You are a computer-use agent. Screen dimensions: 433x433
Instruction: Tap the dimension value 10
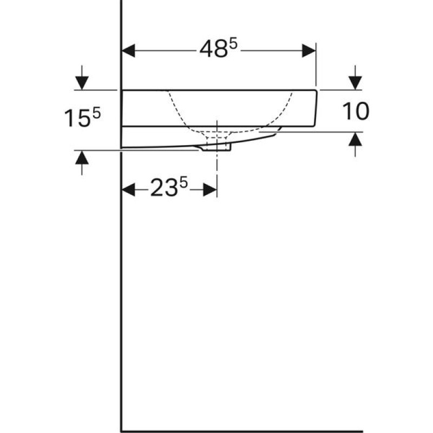tap(356, 111)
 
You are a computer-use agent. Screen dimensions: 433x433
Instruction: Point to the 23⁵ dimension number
tap(168, 189)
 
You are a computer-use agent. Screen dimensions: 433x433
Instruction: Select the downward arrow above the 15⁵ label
tap(82, 82)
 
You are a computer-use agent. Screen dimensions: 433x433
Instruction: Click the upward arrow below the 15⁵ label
tap(82, 158)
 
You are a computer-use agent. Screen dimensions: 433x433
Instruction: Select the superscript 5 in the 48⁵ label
tap(233, 44)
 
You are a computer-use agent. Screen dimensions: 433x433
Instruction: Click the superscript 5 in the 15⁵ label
tap(97, 112)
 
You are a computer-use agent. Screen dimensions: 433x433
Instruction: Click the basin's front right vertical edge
tap(317, 108)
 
